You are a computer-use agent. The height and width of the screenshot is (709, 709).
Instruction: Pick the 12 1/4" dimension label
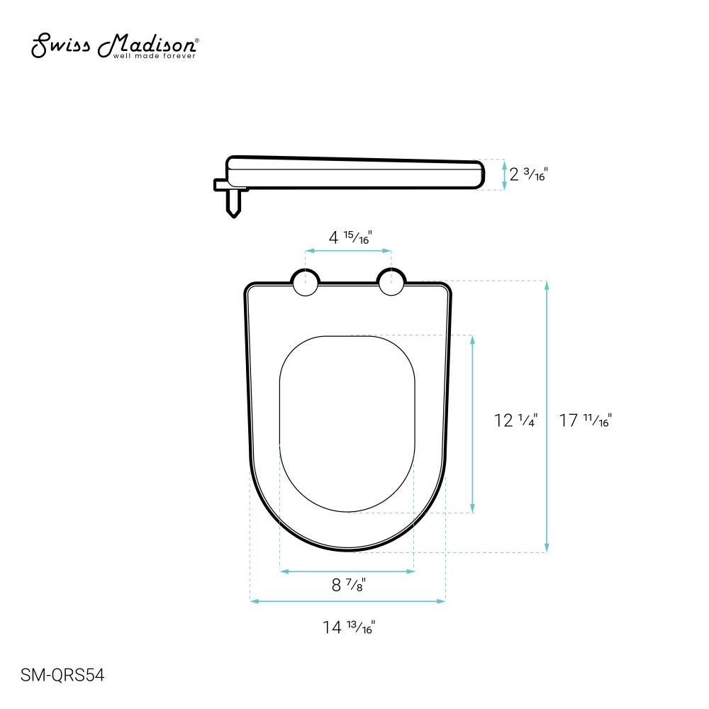(x=516, y=420)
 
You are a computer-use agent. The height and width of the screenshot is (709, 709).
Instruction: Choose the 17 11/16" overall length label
(x=586, y=420)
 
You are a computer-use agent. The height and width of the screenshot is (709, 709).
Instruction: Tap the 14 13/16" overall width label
(x=348, y=627)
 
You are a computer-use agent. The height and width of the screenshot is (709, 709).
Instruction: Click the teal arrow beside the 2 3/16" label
(x=504, y=174)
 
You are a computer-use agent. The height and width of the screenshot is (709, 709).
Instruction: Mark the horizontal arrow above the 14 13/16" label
(x=347, y=601)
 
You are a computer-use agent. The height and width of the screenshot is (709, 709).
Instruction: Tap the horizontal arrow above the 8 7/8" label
(x=347, y=570)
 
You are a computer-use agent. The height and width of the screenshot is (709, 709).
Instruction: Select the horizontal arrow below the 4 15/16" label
(x=348, y=251)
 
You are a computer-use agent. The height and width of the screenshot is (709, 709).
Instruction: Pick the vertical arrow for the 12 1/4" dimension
(x=473, y=423)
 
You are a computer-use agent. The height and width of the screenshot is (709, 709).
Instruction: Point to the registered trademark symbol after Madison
(x=197, y=41)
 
